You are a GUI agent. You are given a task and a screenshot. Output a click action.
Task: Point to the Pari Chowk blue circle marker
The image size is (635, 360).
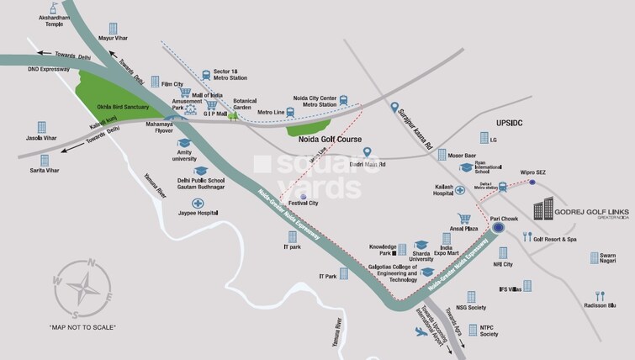click(x=499, y=227)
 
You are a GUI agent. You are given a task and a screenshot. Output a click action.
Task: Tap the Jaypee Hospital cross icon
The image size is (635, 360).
click(x=198, y=204)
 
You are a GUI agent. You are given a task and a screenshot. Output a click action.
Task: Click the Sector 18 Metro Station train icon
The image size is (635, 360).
click(x=205, y=74)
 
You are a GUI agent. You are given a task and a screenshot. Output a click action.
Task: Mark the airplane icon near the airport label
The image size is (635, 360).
click(x=421, y=332)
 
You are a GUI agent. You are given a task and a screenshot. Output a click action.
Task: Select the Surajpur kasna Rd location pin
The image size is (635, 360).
click(x=394, y=107)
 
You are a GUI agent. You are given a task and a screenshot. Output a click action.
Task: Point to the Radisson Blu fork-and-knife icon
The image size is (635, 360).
click(x=601, y=295)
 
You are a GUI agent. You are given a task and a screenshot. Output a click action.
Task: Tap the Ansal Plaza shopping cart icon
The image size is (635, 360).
click(x=463, y=218)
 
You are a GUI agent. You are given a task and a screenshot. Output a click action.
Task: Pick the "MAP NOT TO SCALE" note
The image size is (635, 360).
click(x=82, y=326)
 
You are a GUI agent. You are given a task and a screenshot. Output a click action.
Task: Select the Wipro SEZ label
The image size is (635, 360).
click(x=533, y=172)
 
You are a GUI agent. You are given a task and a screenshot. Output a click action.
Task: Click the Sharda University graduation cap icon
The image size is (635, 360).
click(x=421, y=245)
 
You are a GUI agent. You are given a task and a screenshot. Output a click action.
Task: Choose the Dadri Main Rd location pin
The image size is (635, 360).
click(x=367, y=152)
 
